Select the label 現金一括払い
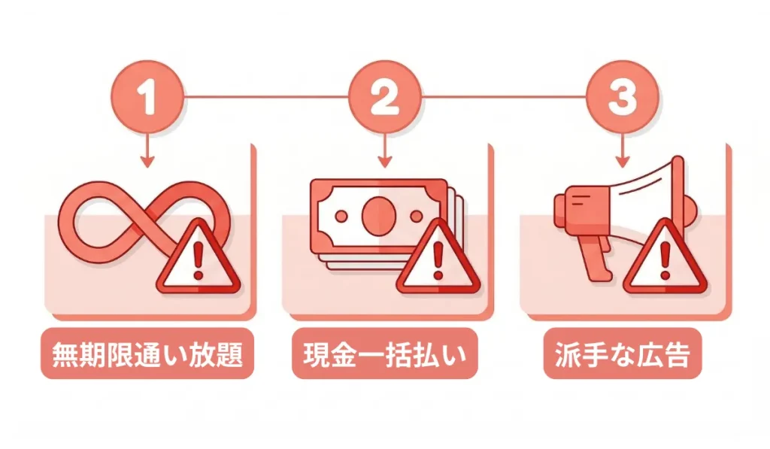tap(384, 353)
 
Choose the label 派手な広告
tap(622, 353)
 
